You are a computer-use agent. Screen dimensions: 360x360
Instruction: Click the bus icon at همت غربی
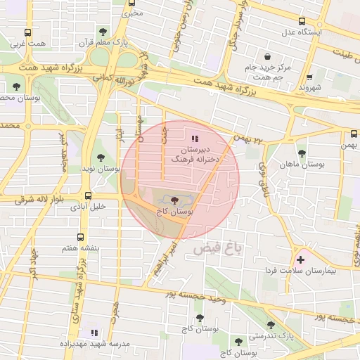tap(27, 32)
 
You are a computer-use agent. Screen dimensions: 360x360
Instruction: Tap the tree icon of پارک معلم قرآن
tap(104, 32)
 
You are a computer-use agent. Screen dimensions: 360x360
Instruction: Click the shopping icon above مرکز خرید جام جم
tap(267, 56)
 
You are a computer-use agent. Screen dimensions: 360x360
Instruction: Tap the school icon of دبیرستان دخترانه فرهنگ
tap(195, 139)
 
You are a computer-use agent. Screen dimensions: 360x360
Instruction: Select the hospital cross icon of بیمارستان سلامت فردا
tap(301, 259)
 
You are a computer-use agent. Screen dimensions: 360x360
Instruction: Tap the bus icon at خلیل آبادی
tap(88, 195)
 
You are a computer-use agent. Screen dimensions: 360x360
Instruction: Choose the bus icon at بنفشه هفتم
tap(79, 237)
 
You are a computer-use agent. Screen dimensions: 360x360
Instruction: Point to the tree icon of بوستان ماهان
tap(302, 153)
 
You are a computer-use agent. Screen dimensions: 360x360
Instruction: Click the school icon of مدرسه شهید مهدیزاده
tap(94, 332)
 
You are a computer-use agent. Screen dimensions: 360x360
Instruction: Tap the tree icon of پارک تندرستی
tap(271, 324)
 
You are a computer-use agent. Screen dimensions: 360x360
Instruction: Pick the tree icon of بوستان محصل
tap(16, 86)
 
